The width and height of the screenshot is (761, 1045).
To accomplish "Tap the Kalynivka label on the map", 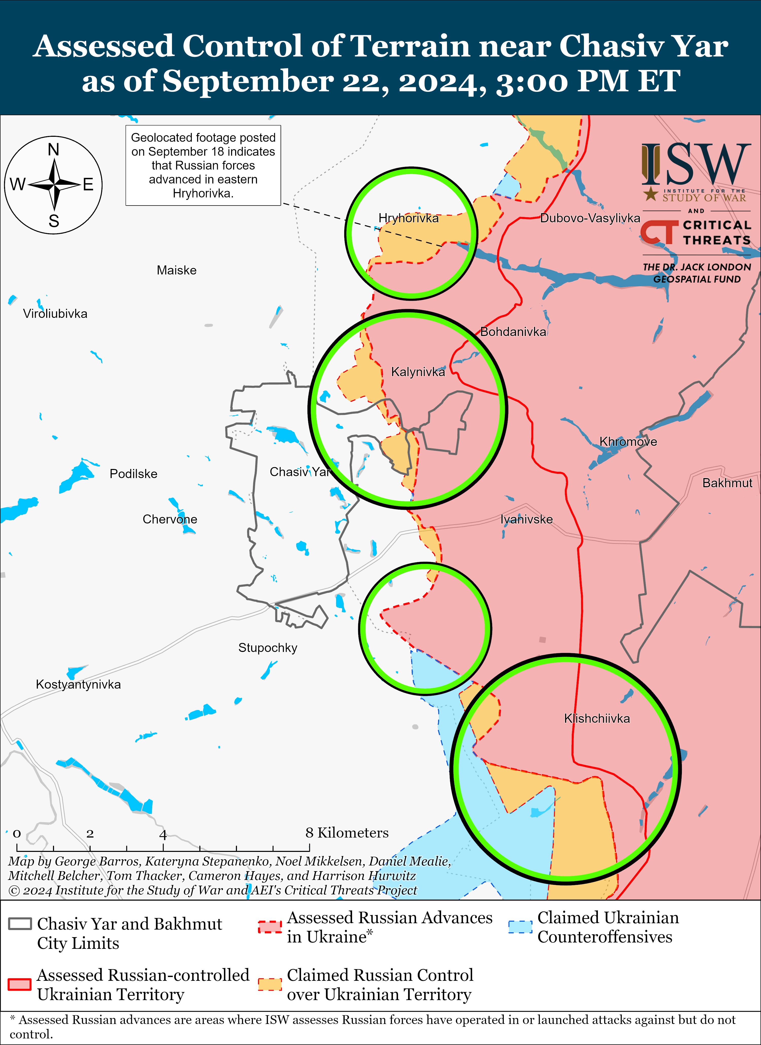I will click(x=418, y=372).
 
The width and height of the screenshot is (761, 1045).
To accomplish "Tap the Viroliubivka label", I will click(x=55, y=314).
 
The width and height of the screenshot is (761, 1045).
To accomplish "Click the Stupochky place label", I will click(x=268, y=648).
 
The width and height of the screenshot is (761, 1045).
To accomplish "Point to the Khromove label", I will click(x=628, y=442).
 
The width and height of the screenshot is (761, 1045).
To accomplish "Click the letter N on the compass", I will click(x=54, y=150).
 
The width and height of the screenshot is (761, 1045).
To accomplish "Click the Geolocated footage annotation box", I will click(x=203, y=165).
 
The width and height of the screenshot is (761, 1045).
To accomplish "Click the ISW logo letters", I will click(x=696, y=164).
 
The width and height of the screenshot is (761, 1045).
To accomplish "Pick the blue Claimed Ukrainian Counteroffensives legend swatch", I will click(x=520, y=926).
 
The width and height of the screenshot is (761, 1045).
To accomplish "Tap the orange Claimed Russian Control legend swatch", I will click(x=269, y=984).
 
